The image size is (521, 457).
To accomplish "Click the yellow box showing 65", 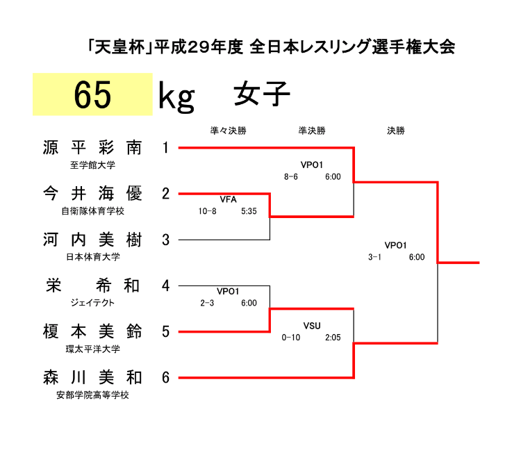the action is point(92,94).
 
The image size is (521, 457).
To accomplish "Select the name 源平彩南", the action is point(92,148).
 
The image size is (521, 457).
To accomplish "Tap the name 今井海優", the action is point(92,194).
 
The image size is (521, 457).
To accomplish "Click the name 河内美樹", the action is point(92,240).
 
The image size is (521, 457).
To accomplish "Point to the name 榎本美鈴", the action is point(92,332).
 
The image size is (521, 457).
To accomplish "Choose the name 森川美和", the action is point(92,378).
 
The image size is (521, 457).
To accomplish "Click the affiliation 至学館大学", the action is point(92,165).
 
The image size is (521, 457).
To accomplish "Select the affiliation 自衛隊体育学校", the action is point(92,211).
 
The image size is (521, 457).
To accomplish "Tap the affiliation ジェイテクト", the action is point(92,303).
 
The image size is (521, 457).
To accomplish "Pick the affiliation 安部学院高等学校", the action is point(92,395).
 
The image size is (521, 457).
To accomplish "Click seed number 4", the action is point(165,285).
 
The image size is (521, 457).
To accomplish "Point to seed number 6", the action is point(165,378).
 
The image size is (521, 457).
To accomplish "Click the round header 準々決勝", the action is point(229,131).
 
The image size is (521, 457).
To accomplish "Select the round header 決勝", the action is point(396,131).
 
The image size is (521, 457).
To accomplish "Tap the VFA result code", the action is point(229,199).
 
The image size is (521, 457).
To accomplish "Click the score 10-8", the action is point(207,211).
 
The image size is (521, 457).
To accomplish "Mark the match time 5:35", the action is point(249,211).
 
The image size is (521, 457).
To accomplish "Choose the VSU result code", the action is point(312,326).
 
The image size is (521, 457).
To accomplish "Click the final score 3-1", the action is point(375,257).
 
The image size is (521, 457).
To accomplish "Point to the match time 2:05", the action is point(333,338).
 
